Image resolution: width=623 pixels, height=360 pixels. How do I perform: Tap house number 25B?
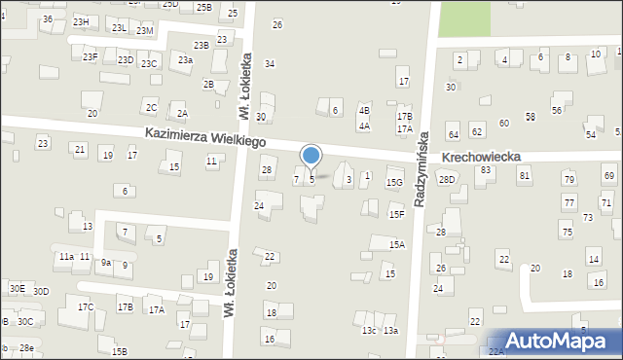pos(203,7)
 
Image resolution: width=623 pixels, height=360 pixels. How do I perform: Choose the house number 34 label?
pos(270,63)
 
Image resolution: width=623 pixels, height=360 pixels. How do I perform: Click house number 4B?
pos(364,111)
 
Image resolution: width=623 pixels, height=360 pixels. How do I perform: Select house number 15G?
pos(394,182)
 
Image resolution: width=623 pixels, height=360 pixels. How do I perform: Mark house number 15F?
pos(396,214)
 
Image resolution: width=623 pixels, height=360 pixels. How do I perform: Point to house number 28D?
pos(447,180)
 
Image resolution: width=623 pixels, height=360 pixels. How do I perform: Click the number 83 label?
pos(485,170)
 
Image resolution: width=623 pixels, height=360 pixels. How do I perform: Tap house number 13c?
pos(369,331)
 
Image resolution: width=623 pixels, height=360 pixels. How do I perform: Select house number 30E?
pos(17,289)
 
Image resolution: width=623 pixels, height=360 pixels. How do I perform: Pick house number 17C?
pos(86,307)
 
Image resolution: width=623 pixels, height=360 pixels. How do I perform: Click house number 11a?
pos(65,256)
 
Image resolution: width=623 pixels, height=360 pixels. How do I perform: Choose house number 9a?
pos(105,262)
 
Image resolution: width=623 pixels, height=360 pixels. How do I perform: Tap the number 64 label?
pos(453,132)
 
